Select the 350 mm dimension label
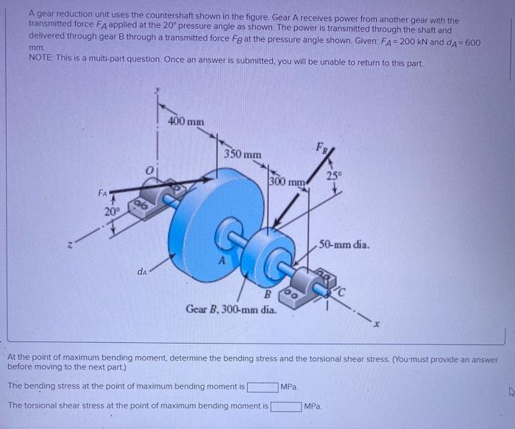point(243,155)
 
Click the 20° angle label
point(111,211)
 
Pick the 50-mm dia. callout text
point(350,244)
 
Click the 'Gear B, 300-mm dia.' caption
point(231,310)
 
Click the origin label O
point(147,171)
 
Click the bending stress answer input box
point(263,386)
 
